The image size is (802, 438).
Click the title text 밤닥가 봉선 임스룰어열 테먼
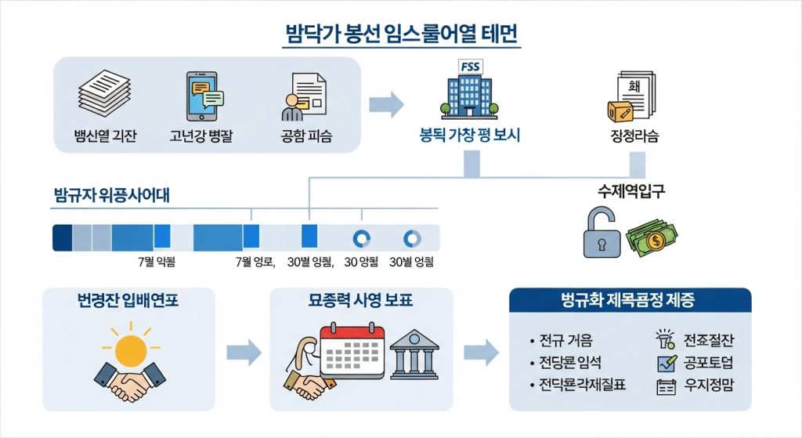coord(400,35)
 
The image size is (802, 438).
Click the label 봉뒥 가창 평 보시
coord(470,136)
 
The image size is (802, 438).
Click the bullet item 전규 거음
coord(565,341)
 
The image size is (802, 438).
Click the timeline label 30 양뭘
coord(361,262)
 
